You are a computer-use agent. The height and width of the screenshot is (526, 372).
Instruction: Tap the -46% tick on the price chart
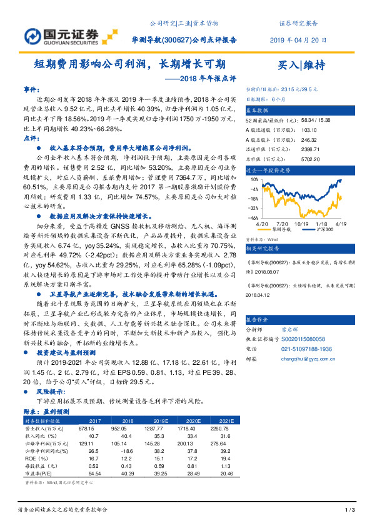pos(254,218)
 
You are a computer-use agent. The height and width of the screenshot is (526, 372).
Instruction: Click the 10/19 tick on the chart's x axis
pos(303,224)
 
